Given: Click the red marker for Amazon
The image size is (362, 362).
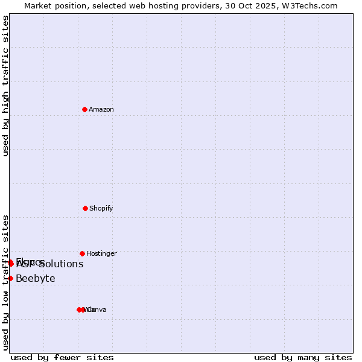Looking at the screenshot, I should tap(84, 109).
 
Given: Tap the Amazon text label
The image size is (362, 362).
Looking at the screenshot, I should tap(101, 109).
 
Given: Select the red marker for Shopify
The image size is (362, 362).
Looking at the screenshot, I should tap(85, 208).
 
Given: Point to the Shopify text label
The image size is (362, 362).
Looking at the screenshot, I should tap(101, 208).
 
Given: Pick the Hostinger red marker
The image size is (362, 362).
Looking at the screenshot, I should tap(82, 253).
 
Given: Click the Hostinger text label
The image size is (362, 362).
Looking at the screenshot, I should tap(101, 253).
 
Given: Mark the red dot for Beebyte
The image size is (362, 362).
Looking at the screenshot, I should tap(10, 278).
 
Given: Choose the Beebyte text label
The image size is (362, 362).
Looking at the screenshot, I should tap(36, 278).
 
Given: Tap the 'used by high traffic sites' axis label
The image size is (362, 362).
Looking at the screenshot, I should tap(6, 86).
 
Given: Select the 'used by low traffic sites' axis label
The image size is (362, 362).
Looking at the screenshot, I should tap(6, 282).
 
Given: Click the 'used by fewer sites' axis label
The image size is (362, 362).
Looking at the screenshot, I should tap(62, 357).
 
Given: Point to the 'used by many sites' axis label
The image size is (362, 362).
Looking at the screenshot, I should tap(303, 357).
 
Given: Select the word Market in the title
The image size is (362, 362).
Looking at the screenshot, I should tap(37, 5).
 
